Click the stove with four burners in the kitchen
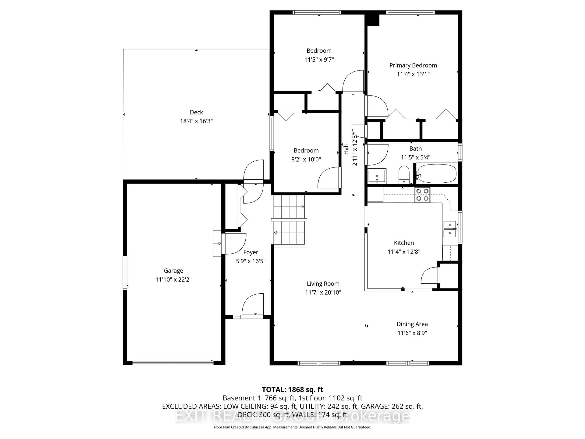click(422, 195)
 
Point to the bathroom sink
click(377, 176)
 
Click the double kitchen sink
click(450, 229)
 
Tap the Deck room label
click(196, 112)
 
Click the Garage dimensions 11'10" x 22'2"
click(174, 279)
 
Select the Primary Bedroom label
click(413, 65)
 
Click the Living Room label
click(323, 284)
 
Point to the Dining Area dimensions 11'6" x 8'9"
click(412, 333)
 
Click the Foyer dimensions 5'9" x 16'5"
click(250, 261)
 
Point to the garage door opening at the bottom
click(173, 363)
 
